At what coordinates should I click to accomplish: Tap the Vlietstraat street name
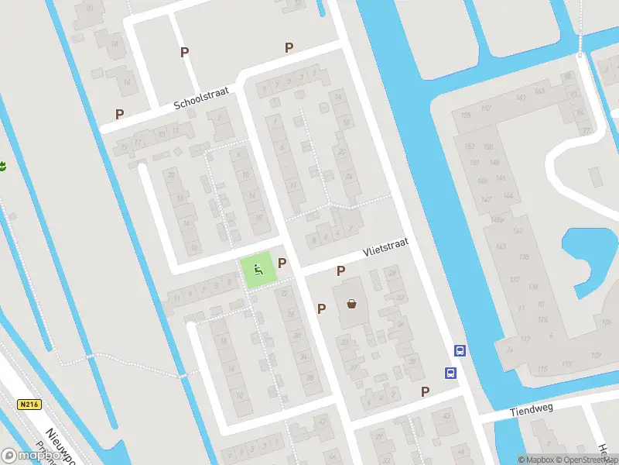(x=385, y=250)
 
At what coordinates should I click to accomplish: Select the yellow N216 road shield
(x=29, y=404)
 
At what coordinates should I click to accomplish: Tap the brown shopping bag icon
(x=353, y=304)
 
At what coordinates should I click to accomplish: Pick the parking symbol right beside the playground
(x=282, y=263)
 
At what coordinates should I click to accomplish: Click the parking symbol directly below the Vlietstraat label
(x=340, y=270)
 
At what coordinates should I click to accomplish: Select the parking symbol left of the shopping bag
(x=322, y=308)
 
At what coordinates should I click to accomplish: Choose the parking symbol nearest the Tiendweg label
(x=425, y=391)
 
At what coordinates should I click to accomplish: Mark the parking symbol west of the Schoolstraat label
(x=120, y=114)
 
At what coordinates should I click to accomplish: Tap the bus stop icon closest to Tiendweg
(x=450, y=373)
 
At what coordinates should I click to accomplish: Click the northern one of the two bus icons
(x=460, y=350)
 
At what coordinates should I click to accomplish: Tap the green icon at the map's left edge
(x=2, y=165)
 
